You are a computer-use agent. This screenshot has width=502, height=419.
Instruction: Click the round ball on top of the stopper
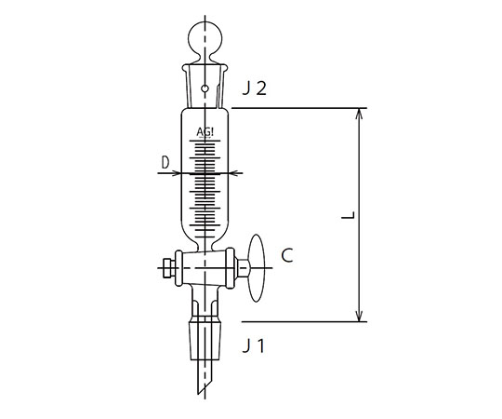205,36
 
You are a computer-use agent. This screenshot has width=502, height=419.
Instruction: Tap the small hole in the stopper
205,88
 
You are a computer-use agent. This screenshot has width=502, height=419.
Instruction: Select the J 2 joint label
254,88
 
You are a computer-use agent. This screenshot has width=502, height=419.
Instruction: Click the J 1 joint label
254,346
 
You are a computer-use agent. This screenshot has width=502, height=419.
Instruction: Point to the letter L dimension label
349,215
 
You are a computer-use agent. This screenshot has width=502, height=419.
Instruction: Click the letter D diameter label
165,163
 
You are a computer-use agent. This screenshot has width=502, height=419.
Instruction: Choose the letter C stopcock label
287,255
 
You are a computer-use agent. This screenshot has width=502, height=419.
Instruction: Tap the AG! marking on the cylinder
205,132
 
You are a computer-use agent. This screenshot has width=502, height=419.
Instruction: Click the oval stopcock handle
257,268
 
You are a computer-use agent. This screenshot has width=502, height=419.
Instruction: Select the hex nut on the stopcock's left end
167,268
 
